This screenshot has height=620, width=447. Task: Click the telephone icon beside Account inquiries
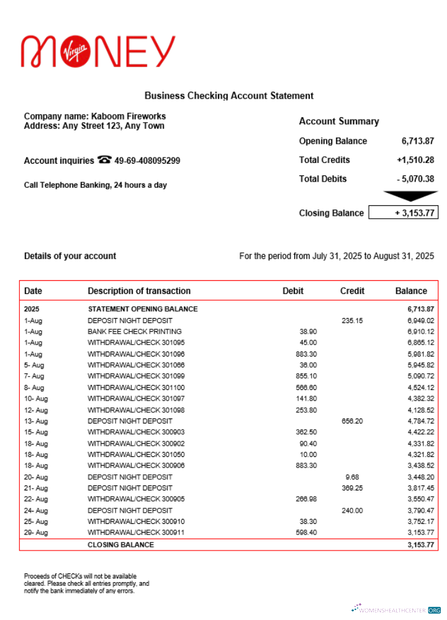[104, 160]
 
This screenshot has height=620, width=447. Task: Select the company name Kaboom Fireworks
[129, 116]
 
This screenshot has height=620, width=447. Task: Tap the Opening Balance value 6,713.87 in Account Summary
[417, 141]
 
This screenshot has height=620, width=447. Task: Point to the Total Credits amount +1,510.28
[415, 160]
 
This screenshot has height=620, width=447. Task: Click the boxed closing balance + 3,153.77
[403, 213]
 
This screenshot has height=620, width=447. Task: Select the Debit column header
[293, 291]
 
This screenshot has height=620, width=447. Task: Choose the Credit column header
[352, 291]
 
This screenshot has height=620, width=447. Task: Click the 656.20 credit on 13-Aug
[352, 421]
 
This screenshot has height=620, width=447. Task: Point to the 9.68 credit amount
[352, 477]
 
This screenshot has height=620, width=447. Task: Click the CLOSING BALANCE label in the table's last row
[120, 545]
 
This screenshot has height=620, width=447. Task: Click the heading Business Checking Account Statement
[228, 95]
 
